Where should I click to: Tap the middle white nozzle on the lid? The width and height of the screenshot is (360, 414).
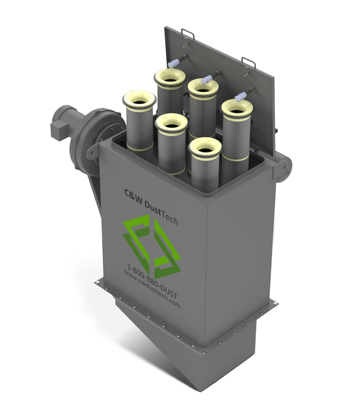click(207, 80)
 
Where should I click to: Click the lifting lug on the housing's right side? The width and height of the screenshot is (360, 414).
click(284, 168)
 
